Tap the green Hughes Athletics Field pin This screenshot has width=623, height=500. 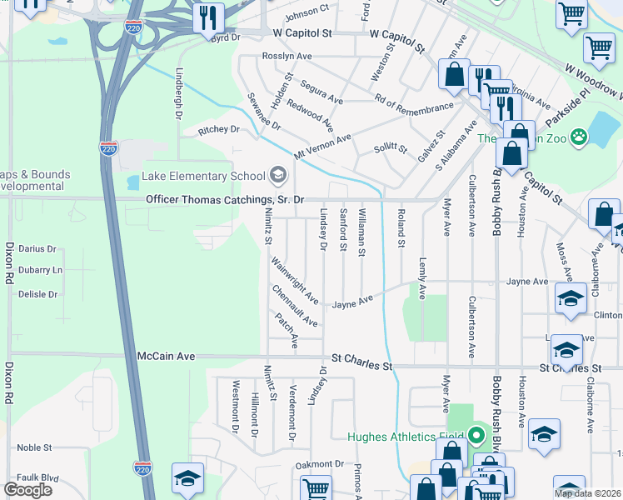(476, 436)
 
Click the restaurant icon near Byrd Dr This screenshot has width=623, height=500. (208, 17)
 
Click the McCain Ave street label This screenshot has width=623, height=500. (166, 356)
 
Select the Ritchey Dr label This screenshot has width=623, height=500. (218, 130)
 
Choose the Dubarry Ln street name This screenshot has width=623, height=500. (40, 271)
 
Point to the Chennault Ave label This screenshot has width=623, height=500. (295, 306)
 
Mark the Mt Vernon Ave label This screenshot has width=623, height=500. (321, 147)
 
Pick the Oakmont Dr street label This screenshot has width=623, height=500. (319, 464)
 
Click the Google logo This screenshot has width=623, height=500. (27, 490)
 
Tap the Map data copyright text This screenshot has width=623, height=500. (586, 493)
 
